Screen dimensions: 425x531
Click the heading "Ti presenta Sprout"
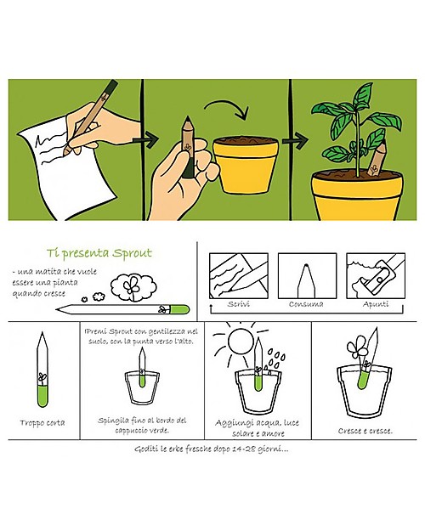click(99, 253)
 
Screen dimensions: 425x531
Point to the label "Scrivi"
click(239, 304)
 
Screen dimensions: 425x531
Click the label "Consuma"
click(306, 304)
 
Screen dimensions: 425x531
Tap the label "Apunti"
click(376, 304)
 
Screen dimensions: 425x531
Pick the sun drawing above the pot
click(241, 342)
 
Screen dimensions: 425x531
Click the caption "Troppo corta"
click(42, 422)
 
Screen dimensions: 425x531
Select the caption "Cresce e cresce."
click(365, 431)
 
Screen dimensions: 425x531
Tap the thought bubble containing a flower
click(133, 287)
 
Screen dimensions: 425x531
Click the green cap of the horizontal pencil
click(179, 309)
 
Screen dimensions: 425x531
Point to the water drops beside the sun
click(275, 361)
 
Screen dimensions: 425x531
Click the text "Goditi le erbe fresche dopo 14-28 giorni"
click(212, 449)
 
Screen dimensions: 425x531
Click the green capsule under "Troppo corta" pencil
click(42, 396)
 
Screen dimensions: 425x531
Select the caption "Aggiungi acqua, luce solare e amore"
click(258, 428)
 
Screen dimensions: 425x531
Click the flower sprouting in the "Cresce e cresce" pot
click(356, 347)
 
